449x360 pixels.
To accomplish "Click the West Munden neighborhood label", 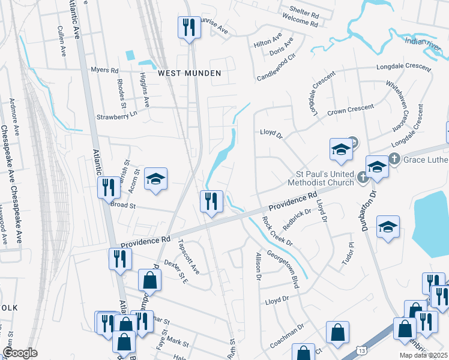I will [190, 73].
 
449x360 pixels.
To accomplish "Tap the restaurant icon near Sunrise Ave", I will [188, 28].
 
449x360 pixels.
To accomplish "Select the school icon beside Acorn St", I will [155, 179].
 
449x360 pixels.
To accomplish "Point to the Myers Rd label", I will [104, 70].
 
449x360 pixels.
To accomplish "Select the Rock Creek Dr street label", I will [277, 231].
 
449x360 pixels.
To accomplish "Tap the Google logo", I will [20, 353].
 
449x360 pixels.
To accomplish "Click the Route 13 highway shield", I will [360, 350].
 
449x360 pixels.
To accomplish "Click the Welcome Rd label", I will [299, 23].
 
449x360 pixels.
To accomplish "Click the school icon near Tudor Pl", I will [388, 227].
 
